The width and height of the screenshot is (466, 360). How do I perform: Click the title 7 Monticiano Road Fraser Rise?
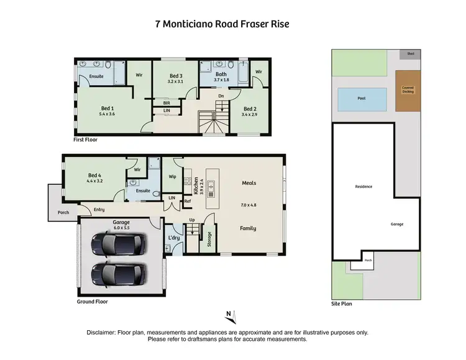(x=222, y=25)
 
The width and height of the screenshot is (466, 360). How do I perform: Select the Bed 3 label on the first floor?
(x=176, y=78)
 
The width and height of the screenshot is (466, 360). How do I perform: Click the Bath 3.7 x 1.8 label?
(x=221, y=76)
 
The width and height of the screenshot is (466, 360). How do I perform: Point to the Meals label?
(x=249, y=183)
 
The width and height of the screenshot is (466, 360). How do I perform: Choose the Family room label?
(x=249, y=228)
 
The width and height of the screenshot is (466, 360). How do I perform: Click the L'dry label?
(x=173, y=238)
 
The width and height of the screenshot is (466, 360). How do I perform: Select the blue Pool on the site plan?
(x=362, y=98)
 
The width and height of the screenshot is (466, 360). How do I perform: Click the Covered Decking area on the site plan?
(x=408, y=91)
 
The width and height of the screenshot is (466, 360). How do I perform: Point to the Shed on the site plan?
(x=411, y=54)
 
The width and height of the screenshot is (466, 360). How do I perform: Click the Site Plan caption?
(x=342, y=305)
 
